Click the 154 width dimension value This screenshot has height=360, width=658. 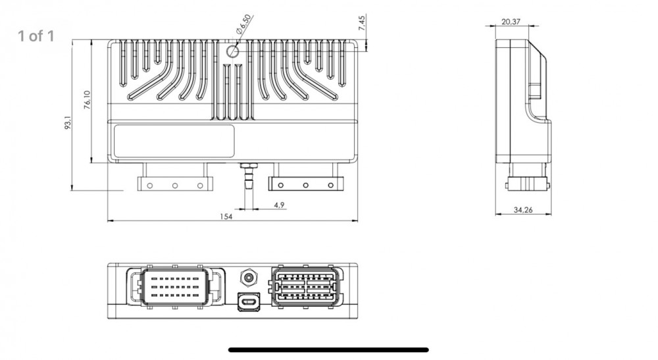(x=226, y=217)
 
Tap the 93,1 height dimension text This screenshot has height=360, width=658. (x=68, y=122)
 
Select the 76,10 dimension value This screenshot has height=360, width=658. (x=88, y=100)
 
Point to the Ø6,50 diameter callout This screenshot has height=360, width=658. (x=243, y=24)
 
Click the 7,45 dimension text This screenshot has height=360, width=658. (x=362, y=22)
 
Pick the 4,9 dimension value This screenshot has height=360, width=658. (x=279, y=205)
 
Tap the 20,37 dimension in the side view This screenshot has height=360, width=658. (x=511, y=22)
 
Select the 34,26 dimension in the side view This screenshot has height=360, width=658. (x=523, y=210)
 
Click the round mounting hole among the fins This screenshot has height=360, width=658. (x=232, y=51)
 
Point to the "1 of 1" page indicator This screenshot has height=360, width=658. (x=36, y=36)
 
